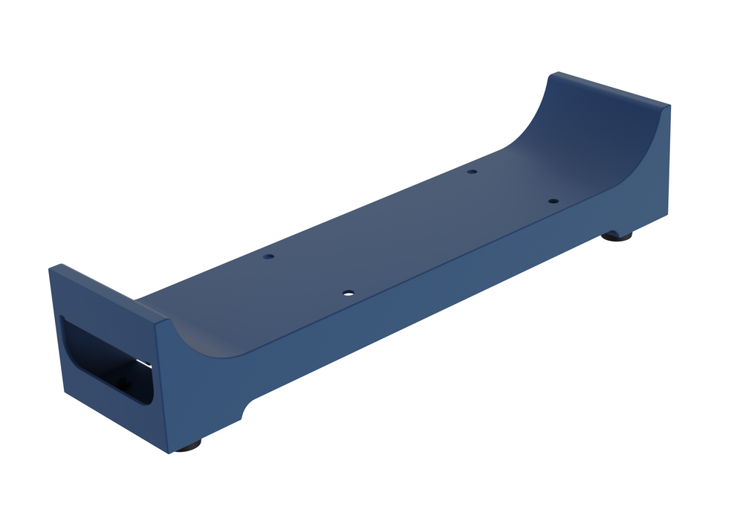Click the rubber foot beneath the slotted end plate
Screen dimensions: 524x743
[188, 446]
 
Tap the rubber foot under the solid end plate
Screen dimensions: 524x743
[616, 236]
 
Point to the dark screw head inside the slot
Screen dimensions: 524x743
[122, 384]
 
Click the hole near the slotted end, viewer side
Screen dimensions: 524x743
[347, 293]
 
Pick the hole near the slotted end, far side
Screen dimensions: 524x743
[268, 256]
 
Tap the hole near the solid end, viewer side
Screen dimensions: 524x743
[552, 201]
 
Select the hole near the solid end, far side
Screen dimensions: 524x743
[471, 172]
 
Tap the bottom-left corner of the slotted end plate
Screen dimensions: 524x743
[64, 393]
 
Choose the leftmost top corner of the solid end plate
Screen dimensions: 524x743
[551, 74]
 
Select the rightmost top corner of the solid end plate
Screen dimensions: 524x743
[669, 106]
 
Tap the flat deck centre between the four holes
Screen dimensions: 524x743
[409, 230]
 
